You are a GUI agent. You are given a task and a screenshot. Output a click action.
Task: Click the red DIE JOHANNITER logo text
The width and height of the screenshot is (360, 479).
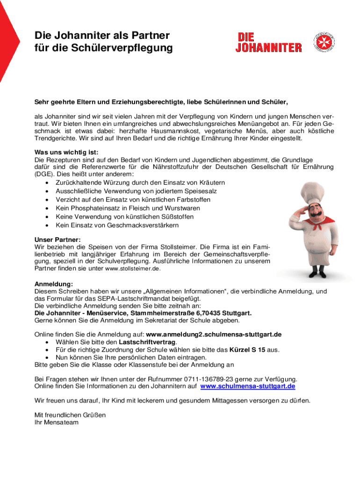coord(268,42)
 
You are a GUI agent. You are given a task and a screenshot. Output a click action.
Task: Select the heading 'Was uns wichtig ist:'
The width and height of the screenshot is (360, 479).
coord(66,152)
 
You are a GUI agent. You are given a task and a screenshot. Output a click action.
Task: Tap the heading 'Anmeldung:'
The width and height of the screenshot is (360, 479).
coord(54,284)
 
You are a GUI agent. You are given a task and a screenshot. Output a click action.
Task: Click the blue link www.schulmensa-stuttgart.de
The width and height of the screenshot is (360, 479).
coord(248,386)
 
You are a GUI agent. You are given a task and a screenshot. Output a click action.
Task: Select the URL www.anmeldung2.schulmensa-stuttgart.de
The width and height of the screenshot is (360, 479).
coord(214,334)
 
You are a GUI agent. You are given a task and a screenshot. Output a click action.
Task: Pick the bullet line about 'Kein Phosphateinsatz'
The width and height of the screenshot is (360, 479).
coord(121,208)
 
